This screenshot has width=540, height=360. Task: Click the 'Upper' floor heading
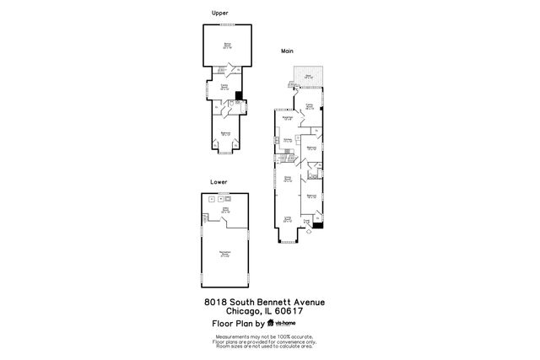[x=219, y=13]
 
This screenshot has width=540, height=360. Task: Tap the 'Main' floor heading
[x=286, y=51]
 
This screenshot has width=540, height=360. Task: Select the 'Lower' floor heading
[x=219, y=181]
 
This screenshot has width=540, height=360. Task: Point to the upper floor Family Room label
[x=224, y=87]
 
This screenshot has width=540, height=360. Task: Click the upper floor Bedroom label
[x=225, y=133]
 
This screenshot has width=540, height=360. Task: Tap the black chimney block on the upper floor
[x=238, y=95]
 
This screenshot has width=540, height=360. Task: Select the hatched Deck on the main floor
[x=308, y=76]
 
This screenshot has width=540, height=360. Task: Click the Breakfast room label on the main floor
[x=288, y=118]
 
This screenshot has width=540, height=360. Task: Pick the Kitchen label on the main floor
[x=287, y=140]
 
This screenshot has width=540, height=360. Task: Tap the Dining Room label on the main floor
[x=287, y=179]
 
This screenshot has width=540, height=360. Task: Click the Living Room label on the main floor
[x=287, y=218]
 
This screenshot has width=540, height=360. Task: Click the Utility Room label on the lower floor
[x=225, y=211]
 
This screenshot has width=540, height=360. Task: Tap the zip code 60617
[x=288, y=310]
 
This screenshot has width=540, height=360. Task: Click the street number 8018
[x=215, y=302]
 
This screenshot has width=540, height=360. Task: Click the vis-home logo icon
[x=271, y=322]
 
